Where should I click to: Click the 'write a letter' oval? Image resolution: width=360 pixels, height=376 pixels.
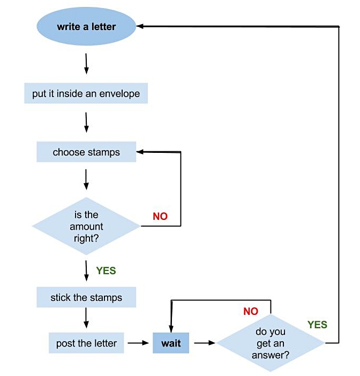coord(86,26)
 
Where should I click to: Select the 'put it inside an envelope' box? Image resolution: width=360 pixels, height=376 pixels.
coord(86,93)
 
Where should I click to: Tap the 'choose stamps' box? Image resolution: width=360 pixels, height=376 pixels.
coord(86,152)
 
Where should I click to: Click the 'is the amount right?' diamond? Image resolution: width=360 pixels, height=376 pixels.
coord(86,226)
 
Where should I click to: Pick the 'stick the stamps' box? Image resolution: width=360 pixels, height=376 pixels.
coord(86,298)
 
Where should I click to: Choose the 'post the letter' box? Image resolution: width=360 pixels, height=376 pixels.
coord(86,343)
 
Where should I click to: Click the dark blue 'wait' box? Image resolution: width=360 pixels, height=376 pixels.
coord(171,343)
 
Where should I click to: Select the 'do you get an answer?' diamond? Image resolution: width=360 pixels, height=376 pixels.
coord(271,343)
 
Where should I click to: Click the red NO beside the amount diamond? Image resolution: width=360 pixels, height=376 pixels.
coord(160,217)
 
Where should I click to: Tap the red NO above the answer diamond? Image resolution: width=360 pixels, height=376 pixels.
coord(251,311)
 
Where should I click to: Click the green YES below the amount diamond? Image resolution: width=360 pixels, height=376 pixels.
coord(106,271)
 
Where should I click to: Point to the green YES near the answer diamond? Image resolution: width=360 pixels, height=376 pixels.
coord(317,325)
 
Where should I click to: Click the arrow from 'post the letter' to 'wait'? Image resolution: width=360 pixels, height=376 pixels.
coord(138,342)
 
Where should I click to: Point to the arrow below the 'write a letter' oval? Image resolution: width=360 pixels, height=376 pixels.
coord(86,64)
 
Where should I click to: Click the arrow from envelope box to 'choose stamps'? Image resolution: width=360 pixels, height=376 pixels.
coord(86,123)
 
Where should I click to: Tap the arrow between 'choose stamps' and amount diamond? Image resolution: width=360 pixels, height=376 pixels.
coord(86,179)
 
